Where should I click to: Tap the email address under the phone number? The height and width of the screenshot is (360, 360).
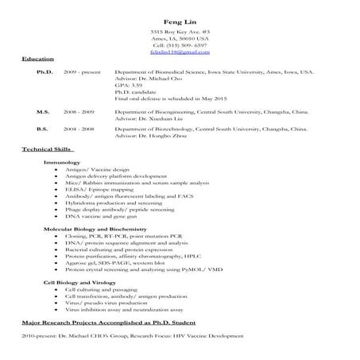(x=180, y=52)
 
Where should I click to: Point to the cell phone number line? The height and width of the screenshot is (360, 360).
(x=180, y=45)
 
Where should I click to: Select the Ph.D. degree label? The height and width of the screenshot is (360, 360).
(x=45, y=72)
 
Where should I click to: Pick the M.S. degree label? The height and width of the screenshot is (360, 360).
(x=45, y=112)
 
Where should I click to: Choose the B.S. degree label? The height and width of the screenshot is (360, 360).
(x=44, y=128)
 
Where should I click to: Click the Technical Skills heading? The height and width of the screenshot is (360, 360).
(x=48, y=149)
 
